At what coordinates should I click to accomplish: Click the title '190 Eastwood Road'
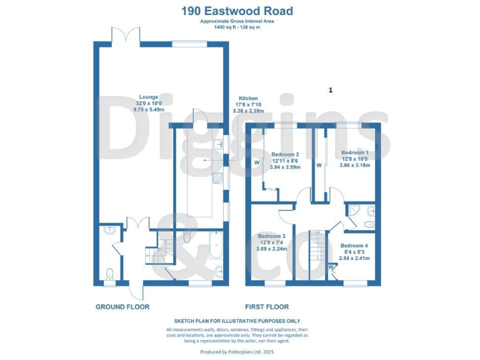point(237,11)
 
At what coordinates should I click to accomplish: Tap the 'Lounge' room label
point(148,97)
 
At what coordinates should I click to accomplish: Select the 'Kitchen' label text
point(248,99)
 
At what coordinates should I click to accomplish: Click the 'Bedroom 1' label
point(354,152)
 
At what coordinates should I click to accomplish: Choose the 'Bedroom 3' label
point(272,236)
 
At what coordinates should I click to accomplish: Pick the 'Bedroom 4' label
point(354,246)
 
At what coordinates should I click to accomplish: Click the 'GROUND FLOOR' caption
point(122,307)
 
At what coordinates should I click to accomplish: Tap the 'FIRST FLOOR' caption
point(267,307)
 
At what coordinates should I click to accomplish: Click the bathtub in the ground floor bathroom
point(215,246)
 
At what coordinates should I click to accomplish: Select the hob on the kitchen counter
point(217,179)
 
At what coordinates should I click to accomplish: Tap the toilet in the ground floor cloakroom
point(110,273)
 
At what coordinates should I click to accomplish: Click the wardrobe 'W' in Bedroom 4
point(331,267)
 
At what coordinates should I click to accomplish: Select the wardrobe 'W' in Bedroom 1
point(319,166)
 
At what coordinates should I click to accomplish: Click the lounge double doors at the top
point(122,36)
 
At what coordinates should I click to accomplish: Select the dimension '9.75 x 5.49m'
point(148,109)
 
